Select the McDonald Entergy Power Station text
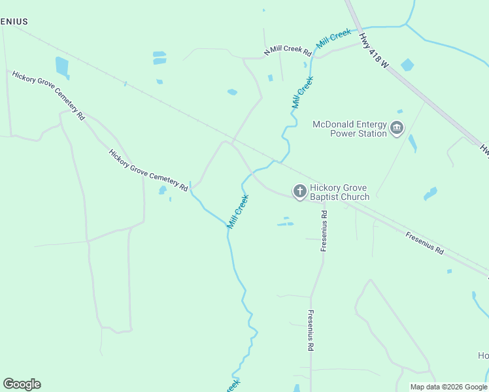click(350, 129)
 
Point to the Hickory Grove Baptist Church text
click(340, 191)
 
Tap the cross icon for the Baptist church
click(299, 191)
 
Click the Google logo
click(22, 384)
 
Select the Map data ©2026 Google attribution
click(448, 387)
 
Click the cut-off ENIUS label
click(14, 22)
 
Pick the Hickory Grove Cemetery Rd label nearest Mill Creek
click(148, 170)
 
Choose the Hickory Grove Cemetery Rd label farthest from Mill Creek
click(48, 95)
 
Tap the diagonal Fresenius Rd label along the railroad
click(424, 243)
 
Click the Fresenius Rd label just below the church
click(324, 231)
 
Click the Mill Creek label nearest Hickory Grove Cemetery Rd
click(238, 211)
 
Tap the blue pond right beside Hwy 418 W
click(407, 65)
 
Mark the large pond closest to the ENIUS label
click(62, 66)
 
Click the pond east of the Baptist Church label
click(430, 193)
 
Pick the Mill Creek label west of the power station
click(302, 93)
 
